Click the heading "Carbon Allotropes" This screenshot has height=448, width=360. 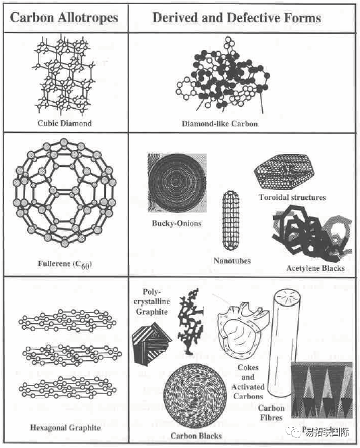[x=64, y=18]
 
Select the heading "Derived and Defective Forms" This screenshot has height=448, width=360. [x=236, y=18]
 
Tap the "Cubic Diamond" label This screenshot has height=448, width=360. [x=65, y=123]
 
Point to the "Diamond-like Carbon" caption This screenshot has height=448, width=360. [x=220, y=124]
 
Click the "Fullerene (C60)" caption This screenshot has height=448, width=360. [x=65, y=264]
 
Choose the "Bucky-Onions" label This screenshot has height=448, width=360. [x=177, y=224]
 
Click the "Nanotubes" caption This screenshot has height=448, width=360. [x=232, y=261]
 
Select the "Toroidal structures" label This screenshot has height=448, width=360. [x=292, y=197]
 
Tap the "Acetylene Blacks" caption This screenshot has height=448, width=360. [x=315, y=268]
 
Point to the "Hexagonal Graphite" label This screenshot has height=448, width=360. [x=66, y=428]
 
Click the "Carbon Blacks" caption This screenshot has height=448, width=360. [x=196, y=436]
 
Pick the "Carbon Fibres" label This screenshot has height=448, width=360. [x=271, y=413]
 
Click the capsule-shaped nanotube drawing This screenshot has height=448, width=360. [x=231, y=221]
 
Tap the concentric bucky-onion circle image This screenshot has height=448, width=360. [x=177, y=183]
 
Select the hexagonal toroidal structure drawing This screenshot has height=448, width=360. [x=284, y=171]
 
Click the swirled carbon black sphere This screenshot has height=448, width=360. [x=195, y=396]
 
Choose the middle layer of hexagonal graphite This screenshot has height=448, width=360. [x=72, y=355]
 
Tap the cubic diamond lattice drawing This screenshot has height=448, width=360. [x=64, y=75]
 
